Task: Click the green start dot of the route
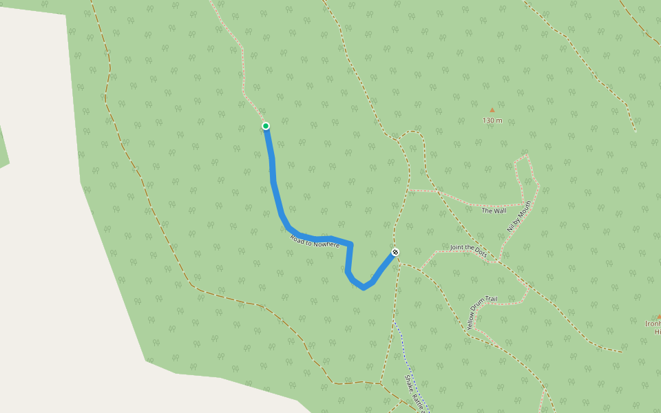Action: pos(266,125)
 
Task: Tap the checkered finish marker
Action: pos(395,252)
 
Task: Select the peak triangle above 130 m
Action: pos(492,109)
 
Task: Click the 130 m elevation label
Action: pos(492,120)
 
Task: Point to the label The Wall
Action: pos(494,211)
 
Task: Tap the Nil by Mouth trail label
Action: pos(520,216)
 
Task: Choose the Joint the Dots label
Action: pos(468,250)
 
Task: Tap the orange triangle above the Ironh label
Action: pos(658,316)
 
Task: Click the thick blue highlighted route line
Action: pos(275,186)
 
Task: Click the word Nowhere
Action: pos(326,244)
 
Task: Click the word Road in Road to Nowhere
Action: pos(297,237)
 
